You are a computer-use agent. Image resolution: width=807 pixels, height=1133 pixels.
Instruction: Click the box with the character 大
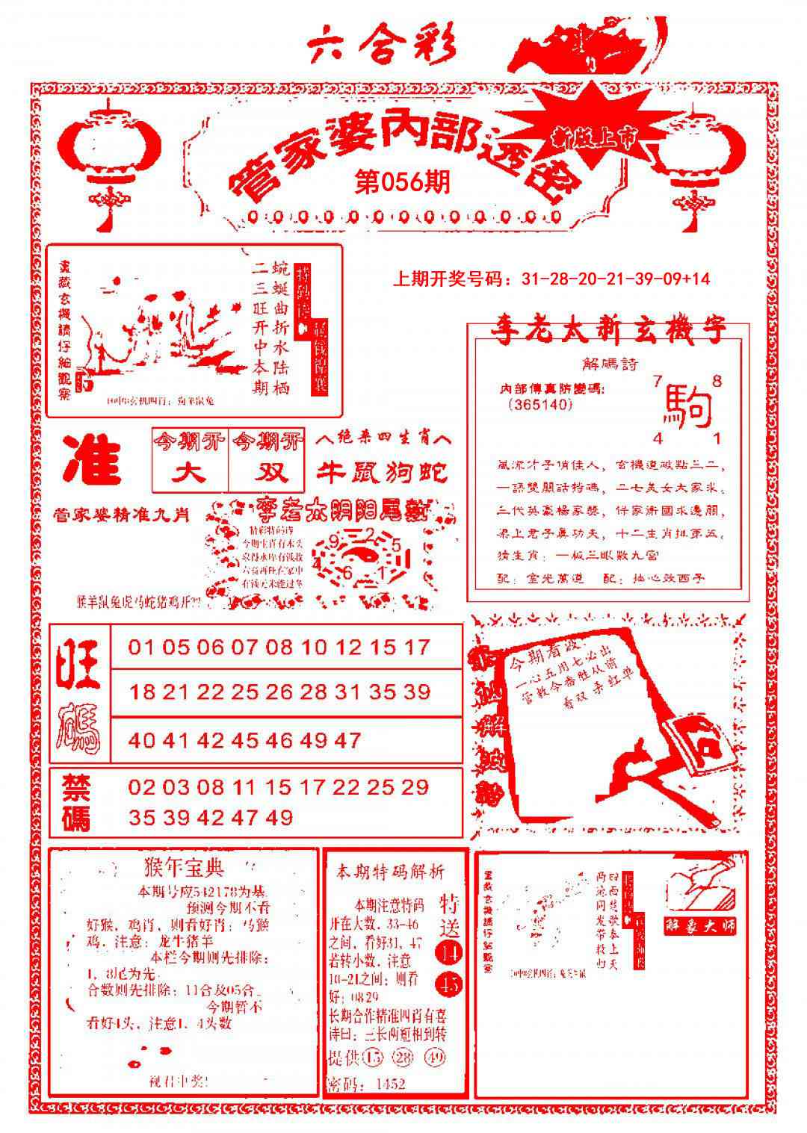click(190, 473)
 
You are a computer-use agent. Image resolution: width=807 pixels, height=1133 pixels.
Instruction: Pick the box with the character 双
click(267, 473)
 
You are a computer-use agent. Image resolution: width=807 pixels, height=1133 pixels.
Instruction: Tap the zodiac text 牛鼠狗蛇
click(383, 473)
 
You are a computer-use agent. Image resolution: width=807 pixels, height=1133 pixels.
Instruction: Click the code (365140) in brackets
click(539, 404)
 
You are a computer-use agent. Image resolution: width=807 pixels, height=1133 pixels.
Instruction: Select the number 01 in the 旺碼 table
click(140, 647)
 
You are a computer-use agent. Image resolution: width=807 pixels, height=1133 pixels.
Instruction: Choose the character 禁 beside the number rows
click(76, 786)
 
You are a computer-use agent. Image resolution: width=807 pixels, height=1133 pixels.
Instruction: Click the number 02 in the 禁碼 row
click(140, 786)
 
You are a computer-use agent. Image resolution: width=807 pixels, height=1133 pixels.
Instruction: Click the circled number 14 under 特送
click(449, 952)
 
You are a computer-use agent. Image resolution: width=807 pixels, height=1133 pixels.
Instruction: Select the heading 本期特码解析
click(390, 871)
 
